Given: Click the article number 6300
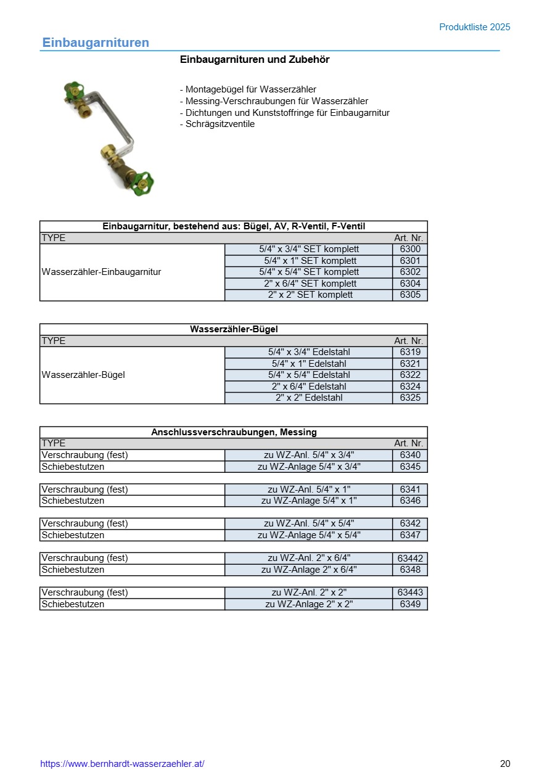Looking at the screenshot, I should [x=410, y=249].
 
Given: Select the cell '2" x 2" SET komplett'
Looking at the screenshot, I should [x=309, y=295].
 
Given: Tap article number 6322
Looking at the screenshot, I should [x=410, y=375].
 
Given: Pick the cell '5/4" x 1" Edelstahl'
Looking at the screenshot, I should [x=309, y=364].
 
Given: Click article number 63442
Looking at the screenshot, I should [x=410, y=558].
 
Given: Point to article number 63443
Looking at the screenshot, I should [x=410, y=592].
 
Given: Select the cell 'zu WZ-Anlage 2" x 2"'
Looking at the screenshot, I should [x=309, y=604].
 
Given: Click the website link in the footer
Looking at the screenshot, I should [x=122, y=764].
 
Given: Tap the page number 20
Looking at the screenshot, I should [x=505, y=764].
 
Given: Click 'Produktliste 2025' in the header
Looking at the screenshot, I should [x=474, y=27].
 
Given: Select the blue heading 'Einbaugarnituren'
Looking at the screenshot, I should [x=96, y=43].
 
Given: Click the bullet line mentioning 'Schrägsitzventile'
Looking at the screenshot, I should [x=217, y=124].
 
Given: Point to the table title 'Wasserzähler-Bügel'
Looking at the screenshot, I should [x=234, y=329].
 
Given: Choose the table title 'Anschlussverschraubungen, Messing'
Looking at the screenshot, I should [x=234, y=432].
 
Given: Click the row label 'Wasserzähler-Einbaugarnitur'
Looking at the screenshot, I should [x=101, y=272].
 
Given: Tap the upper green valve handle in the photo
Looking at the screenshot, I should [x=75, y=89].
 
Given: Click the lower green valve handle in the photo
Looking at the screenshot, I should [x=146, y=181].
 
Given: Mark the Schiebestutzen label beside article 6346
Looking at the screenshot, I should [x=73, y=501].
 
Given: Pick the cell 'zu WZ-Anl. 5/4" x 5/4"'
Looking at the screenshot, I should [x=309, y=523].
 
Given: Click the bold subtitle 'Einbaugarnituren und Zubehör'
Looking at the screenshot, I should [x=255, y=60].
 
